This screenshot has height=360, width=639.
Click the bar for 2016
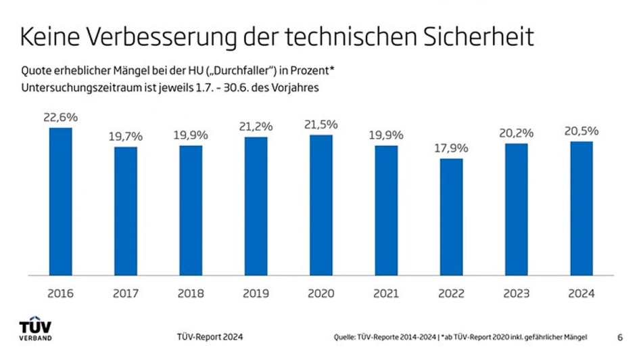(61, 202)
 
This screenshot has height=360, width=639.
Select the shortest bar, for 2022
(451, 217)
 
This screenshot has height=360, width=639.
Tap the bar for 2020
(321, 205)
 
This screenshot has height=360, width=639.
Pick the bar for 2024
(582, 208)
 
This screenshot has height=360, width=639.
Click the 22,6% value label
(61, 117)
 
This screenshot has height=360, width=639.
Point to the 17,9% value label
(452, 148)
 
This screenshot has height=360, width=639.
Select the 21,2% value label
(256, 126)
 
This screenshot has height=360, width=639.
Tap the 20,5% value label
(582, 131)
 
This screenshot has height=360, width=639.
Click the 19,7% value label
(126, 136)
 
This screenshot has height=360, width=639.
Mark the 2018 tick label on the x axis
(191, 294)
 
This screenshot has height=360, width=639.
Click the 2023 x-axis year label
(517, 294)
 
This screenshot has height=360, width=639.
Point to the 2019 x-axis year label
(256, 294)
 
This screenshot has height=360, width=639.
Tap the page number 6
(620, 337)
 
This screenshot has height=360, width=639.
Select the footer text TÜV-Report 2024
(209, 337)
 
